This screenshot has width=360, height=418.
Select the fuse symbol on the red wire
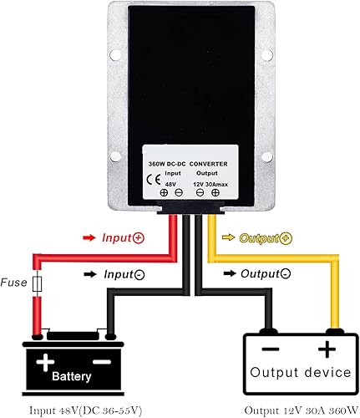pos(36,285)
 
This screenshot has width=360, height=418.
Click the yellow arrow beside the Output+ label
pos(227,238)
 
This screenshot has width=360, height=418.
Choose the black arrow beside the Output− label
pos(227,273)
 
